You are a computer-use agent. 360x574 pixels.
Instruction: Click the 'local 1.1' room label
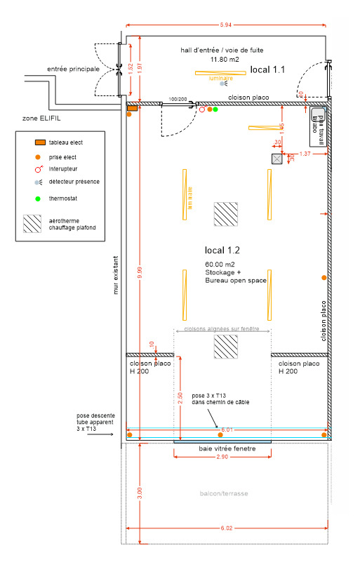pos(268,69)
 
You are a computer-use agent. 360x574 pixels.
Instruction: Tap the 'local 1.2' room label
pos(222,251)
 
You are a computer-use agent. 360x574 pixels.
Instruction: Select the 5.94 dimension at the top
pos(225,25)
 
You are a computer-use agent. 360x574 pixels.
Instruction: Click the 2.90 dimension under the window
pos(222,457)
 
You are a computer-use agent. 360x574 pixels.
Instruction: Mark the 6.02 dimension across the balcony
pos(226,528)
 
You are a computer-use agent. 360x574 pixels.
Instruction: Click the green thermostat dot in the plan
pos(215,109)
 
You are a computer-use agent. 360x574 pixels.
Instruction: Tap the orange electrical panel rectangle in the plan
pos(132,108)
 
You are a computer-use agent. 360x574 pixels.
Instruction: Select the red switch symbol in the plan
pos(202,109)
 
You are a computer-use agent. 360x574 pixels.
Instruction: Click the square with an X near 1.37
pos(276,159)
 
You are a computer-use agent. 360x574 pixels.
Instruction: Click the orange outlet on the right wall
pos(324,279)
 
